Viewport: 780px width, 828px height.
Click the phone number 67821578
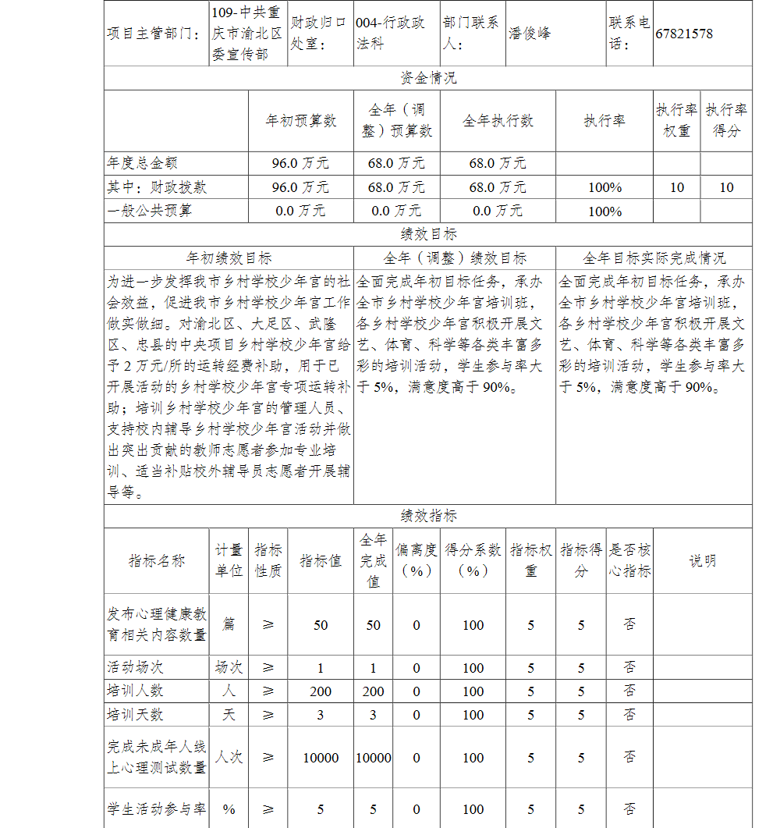point(684,34)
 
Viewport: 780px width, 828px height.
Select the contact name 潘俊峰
point(530,34)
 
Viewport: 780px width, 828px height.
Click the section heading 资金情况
point(428,78)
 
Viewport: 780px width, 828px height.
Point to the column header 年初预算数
point(300,121)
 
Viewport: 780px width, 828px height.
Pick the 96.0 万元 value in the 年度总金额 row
point(300,163)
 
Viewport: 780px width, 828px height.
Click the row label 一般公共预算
point(150,211)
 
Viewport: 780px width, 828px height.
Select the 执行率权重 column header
point(676,121)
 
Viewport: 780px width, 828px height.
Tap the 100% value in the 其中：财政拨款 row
point(604,187)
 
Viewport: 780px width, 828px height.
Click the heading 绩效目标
point(428,234)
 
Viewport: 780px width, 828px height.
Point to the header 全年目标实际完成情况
point(654,258)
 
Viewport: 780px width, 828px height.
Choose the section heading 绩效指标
point(428,516)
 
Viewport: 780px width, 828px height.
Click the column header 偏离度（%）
point(417,560)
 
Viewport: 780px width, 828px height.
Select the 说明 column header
point(702,560)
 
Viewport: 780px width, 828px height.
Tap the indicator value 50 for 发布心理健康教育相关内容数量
point(321,625)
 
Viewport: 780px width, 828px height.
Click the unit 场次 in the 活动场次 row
point(229,668)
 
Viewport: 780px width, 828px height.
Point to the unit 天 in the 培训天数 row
point(229,715)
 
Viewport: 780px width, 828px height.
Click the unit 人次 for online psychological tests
point(229,758)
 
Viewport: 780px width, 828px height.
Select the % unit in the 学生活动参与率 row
point(229,809)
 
